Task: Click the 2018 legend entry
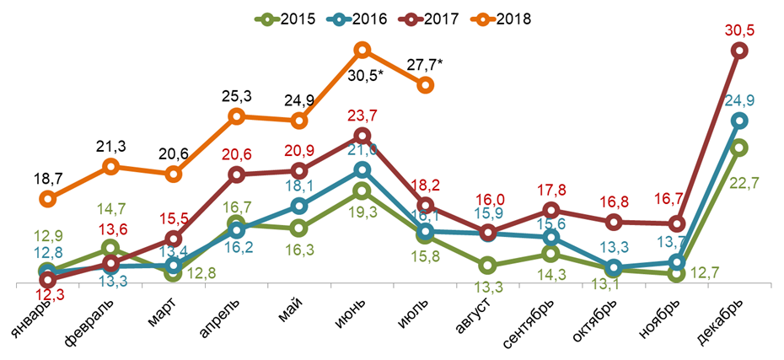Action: coord(501,18)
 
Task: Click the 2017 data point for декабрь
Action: coord(738,51)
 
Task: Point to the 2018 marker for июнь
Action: coord(362,50)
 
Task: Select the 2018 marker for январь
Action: coord(48,199)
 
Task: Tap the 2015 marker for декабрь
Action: coord(738,148)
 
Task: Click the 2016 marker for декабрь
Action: coord(738,121)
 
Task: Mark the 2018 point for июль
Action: coord(426,84)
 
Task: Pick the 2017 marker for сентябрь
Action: coord(550,210)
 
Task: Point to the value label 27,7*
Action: coord(425,64)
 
